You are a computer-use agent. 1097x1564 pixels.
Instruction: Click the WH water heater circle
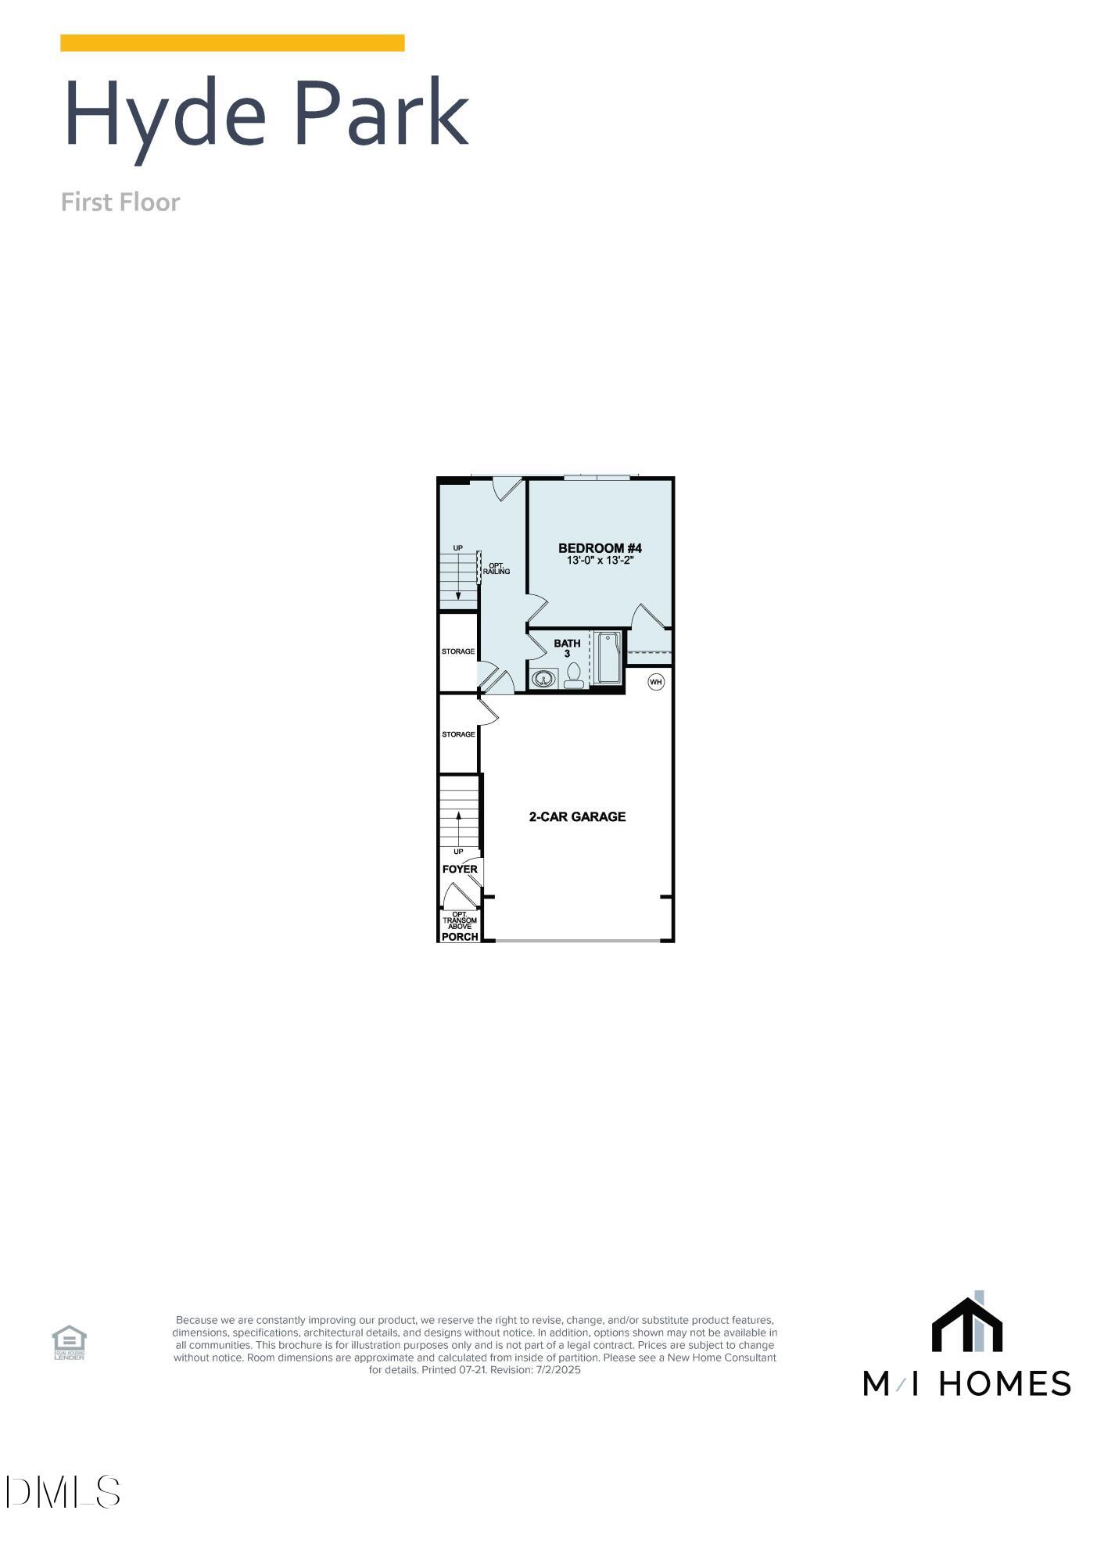click(655, 682)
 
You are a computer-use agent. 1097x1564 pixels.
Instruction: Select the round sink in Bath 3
click(543, 678)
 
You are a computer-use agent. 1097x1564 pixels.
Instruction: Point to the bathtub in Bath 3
click(608, 658)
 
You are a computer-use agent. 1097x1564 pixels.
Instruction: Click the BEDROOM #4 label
click(600, 548)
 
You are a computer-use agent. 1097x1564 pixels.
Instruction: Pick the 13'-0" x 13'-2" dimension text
click(600, 561)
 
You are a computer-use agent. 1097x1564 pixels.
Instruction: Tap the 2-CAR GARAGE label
click(577, 816)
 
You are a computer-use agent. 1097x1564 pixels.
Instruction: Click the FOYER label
click(460, 869)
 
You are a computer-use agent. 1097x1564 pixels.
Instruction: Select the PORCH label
click(460, 936)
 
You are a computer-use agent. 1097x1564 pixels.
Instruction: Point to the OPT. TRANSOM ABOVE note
click(460, 920)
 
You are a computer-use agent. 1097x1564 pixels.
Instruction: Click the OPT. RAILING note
click(497, 569)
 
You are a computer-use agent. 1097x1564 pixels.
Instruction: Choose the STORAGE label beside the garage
click(458, 734)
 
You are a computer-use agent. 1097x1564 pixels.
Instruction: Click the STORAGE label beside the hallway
click(458, 651)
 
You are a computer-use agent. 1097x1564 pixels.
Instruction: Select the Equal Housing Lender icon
click(69, 1343)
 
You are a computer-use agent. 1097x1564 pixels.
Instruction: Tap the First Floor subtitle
click(120, 203)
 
